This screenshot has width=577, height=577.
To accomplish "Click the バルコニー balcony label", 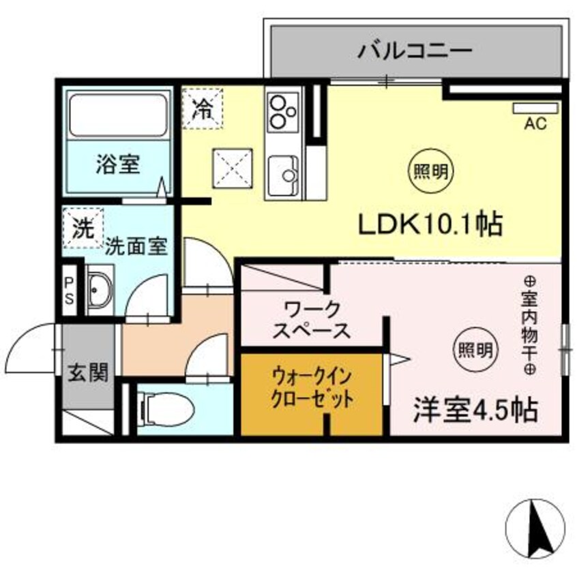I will [415, 50].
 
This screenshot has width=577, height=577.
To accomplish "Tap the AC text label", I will [535, 123].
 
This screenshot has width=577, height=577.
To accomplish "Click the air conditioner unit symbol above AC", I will [535, 108].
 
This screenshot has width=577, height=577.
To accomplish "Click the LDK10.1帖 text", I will [430, 224].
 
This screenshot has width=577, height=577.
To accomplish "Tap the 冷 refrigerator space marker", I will [203, 108].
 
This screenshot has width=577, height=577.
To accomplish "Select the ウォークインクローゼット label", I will [312, 387].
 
